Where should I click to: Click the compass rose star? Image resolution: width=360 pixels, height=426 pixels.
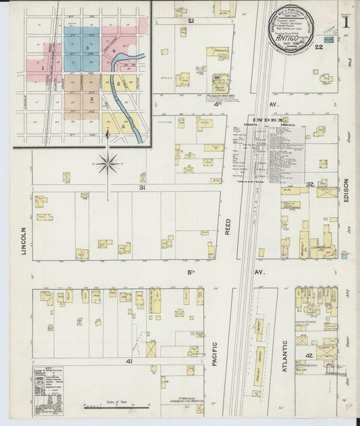[x=108, y=163]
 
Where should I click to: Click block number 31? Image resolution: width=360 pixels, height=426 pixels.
[x=142, y=187]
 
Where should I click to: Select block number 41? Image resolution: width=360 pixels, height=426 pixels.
[x=128, y=361]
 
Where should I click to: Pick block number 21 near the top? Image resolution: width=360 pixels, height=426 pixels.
[x=191, y=21]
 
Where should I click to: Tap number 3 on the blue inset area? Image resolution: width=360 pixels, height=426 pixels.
[x=87, y=48]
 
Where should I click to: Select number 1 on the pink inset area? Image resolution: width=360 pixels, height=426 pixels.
[x=43, y=68]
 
